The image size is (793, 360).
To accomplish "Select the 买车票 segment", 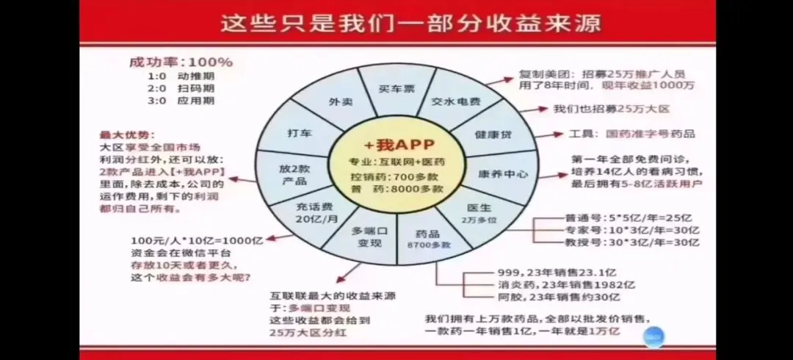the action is (x=396, y=89).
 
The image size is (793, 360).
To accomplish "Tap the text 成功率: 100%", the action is (x=180, y=62).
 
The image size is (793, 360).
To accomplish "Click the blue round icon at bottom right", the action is (x=653, y=335).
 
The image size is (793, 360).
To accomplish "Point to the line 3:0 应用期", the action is (x=181, y=101).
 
